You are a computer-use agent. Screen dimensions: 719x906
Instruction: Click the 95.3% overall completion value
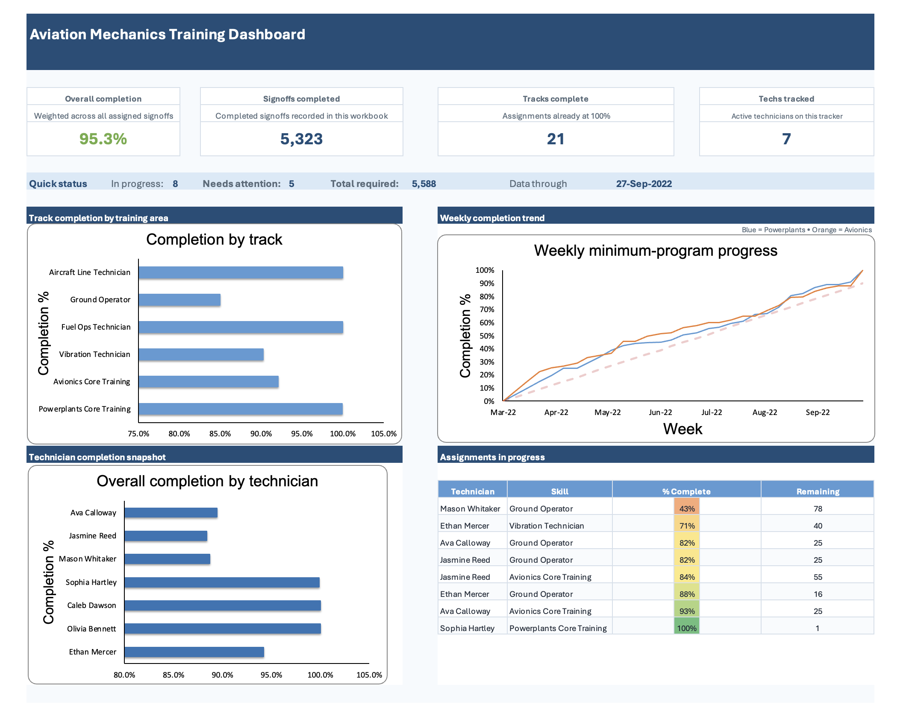[103, 139]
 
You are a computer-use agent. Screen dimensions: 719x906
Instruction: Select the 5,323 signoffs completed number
[301, 139]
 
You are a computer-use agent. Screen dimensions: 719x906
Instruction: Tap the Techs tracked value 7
[786, 139]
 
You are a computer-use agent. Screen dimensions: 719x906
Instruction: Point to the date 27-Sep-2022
[644, 184]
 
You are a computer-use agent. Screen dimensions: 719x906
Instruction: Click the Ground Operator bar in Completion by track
[179, 300]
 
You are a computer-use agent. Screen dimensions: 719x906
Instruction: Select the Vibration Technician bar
[201, 354]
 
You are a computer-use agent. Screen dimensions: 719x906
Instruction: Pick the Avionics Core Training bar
[209, 382]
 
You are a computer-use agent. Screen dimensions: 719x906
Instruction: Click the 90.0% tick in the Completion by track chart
[261, 434]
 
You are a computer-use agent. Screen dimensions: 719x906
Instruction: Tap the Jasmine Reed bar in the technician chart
[166, 536]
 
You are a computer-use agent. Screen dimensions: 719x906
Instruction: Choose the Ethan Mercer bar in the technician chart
[194, 652]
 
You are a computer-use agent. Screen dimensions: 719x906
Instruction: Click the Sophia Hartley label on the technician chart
[91, 582]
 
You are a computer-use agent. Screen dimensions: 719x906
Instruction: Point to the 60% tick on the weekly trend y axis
[487, 323]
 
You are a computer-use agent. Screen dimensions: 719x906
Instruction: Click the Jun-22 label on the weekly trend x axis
[660, 412]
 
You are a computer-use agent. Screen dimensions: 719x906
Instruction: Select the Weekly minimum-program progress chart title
[655, 251]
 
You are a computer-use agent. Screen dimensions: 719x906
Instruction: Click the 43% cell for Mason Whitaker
[687, 509]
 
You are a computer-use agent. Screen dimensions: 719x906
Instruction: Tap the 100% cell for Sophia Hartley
[687, 628]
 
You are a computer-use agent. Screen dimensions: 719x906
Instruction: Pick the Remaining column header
[818, 491]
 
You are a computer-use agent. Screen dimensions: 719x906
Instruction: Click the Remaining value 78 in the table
[818, 509]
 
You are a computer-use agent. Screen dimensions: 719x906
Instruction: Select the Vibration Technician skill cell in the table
[546, 526]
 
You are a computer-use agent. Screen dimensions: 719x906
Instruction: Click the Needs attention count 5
[291, 184]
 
